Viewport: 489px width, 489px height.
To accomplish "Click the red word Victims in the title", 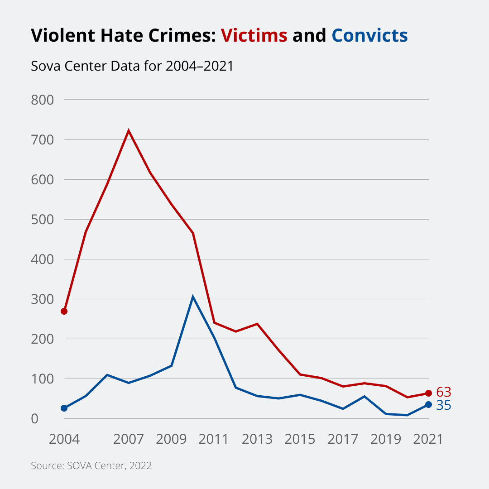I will tap(254, 35).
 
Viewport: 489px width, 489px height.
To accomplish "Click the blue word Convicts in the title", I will tap(369, 35).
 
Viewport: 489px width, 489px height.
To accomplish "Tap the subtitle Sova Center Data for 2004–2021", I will tap(132, 66).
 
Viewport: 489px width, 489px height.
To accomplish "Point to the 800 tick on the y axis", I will tap(43, 100).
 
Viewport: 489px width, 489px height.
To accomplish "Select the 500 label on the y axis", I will tap(43, 220).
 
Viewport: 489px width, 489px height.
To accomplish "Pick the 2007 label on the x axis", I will tap(129, 439).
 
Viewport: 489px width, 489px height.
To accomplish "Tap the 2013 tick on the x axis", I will tap(257, 439).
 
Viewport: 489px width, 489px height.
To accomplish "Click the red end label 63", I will tap(444, 392).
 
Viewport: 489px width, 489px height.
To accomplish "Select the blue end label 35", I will tap(444, 405).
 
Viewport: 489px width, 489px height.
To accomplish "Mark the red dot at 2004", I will tap(64, 311).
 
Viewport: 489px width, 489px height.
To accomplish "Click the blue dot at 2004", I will tap(64, 408).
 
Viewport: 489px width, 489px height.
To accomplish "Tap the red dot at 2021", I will tap(428, 393).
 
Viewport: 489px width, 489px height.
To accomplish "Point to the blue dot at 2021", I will tap(428, 404).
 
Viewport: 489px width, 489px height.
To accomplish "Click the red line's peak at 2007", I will tap(129, 131).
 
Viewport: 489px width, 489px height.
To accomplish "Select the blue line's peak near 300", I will tap(193, 297).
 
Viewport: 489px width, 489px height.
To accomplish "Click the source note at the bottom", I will tap(91, 465).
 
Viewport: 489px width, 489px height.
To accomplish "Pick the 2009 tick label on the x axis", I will tap(171, 439).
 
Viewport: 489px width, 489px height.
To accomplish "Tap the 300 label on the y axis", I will tap(43, 299).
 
